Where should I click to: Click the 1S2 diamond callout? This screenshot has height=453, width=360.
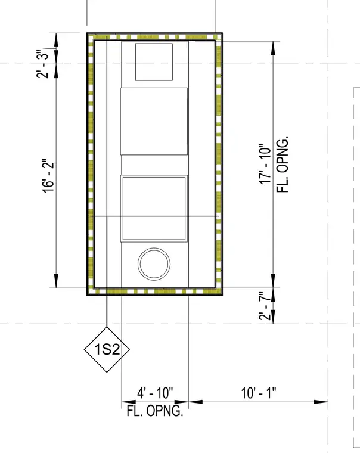pyautogui.click(x=107, y=349)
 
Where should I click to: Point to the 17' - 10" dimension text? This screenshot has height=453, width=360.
pyautogui.click(x=265, y=164)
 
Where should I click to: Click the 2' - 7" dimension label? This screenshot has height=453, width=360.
pyautogui.click(x=265, y=306)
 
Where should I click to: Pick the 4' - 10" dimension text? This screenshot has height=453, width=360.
pyautogui.click(x=155, y=393)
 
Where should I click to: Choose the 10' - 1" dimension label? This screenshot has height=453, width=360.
pyautogui.click(x=259, y=393)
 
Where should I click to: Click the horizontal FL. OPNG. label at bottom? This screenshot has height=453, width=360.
pyautogui.click(x=155, y=411)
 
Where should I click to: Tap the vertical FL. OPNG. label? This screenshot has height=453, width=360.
pyautogui.click(x=283, y=165)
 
